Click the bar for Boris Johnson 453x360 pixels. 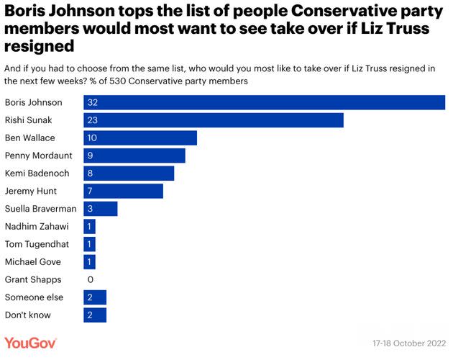(x=264, y=102)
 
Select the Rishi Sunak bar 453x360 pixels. (x=213, y=120)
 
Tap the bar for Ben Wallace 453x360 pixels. (x=140, y=138)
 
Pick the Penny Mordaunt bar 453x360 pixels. (x=134, y=156)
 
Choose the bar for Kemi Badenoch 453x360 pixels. (x=129, y=173)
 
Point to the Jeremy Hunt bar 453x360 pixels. (x=123, y=191)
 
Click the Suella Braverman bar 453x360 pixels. (x=100, y=209)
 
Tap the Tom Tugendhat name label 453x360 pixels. (x=37, y=244)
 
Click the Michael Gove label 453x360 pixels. (x=33, y=262)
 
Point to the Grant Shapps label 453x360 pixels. (x=33, y=279)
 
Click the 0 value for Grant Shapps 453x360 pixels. (x=91, y=279)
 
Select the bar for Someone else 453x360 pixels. (x=95, y=297)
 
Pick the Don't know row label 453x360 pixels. (x=28, y=315)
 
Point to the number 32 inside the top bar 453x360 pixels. (x=92, y=102)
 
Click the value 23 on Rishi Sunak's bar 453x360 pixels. (x=92, y=120)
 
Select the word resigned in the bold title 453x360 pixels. (x=40, y=45)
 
